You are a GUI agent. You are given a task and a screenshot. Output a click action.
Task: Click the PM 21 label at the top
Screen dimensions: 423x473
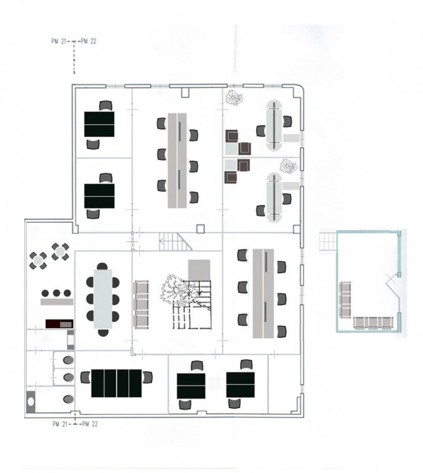click(59, 41)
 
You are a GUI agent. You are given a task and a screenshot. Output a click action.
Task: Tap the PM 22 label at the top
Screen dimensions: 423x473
click(89, 41)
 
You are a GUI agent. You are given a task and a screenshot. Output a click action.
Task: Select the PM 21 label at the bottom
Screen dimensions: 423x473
click(60, 424)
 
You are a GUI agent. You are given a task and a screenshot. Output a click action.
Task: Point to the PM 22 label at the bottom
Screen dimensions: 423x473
click(90, 424)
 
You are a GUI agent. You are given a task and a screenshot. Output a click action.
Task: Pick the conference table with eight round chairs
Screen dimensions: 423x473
click(103, 299)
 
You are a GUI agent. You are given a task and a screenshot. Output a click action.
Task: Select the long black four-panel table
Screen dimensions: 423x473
click(116, 383)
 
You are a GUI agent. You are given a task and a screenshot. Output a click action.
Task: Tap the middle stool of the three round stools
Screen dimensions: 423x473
click(56, 293)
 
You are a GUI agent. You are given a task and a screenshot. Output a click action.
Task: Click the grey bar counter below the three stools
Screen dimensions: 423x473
click(57, 302)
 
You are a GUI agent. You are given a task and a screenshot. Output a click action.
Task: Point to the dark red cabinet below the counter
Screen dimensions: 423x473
click(60, 323)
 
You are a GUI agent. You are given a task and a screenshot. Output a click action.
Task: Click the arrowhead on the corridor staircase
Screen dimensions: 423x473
click(162, 241)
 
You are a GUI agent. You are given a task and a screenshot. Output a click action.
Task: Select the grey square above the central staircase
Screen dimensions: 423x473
click(199, 270)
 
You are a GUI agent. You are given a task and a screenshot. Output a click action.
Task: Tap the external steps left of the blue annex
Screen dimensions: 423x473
click(328, 241)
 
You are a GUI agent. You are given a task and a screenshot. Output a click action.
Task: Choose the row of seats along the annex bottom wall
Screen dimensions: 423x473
click(373, 322)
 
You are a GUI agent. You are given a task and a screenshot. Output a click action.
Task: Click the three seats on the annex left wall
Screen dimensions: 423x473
click(345, 299)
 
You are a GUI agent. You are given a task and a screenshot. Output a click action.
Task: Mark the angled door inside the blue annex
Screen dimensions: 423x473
click(393, 288)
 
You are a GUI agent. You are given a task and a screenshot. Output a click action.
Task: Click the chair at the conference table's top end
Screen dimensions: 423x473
click(102, 267)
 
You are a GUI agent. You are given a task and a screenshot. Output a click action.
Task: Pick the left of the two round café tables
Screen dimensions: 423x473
click(38, 261)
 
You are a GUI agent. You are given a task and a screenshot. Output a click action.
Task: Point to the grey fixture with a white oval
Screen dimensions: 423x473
click(31, 401)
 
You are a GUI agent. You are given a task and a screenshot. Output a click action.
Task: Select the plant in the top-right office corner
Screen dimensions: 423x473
click(234, 98)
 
